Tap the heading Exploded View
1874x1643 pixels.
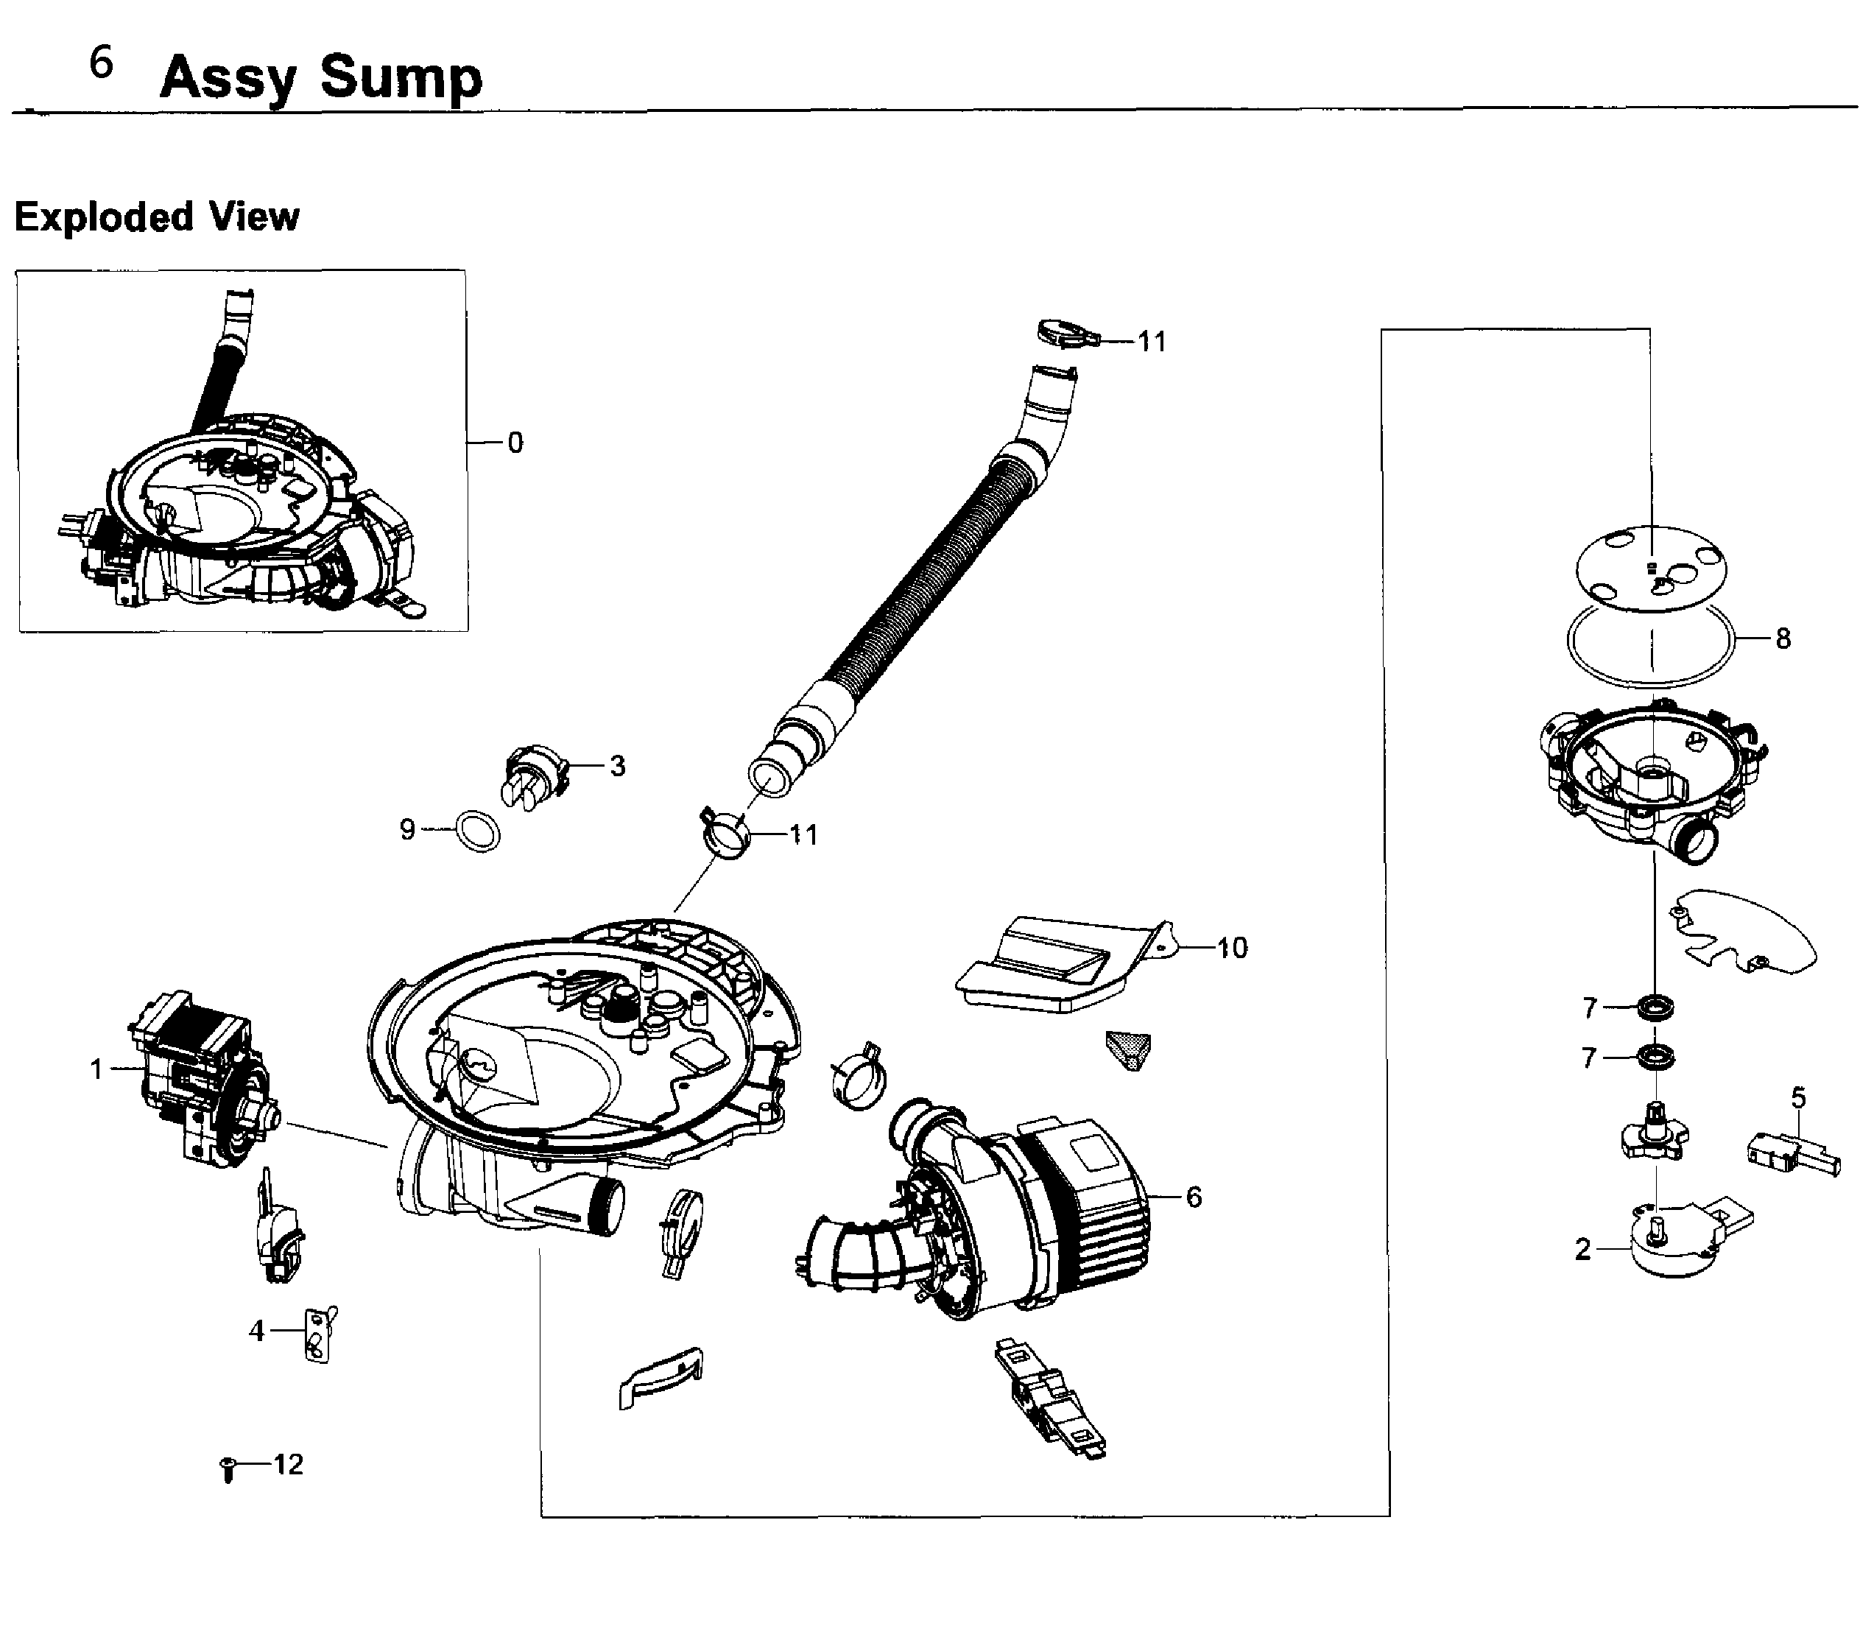(157, 217)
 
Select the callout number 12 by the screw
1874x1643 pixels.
(288, 1464)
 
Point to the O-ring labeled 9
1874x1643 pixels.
(478, 831)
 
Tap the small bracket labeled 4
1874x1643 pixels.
(317, 1336)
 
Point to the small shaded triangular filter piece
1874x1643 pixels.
(1130, 1049)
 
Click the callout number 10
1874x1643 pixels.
(1231, 948)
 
